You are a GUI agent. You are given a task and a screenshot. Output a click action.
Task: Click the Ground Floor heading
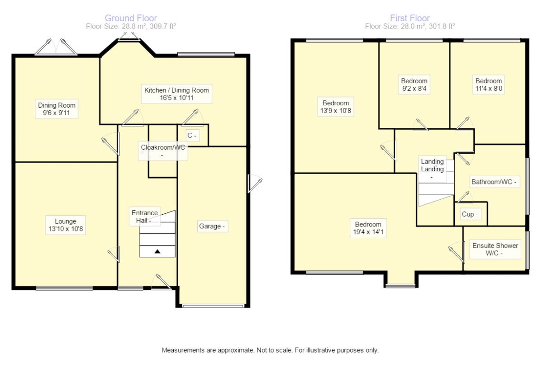(x=131, y=18)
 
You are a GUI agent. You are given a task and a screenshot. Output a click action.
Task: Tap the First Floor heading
(x=410, y=18)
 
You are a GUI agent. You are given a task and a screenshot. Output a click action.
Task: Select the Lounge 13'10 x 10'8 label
(x=66, y=225)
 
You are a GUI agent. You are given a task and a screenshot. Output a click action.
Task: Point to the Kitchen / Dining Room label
(x=176, y=94)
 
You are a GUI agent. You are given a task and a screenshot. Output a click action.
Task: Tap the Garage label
(x=212, y=226)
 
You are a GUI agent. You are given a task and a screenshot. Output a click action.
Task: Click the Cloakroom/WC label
(x=162, y=151)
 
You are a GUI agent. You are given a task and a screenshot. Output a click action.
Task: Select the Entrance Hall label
(x=145, y=216)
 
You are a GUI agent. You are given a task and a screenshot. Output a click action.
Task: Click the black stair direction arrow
(x=157, y=251)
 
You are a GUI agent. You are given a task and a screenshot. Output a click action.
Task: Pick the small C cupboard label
(x=192, y=135)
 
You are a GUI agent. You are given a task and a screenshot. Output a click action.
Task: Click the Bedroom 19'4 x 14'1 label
(x=368, y=228)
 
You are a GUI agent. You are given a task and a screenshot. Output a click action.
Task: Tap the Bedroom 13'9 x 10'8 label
(x=336, y=107)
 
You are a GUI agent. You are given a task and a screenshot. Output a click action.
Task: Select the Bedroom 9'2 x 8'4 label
(x=414, y=85)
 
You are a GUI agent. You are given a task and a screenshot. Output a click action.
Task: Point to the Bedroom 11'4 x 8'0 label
(x=489, y=85)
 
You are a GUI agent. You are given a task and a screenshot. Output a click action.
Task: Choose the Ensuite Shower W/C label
(x=495, y=249)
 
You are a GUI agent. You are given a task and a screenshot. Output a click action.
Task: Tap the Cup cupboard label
(x=470, y=214)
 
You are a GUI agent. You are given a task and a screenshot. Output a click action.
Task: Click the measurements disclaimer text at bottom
(x=270, y=350)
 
